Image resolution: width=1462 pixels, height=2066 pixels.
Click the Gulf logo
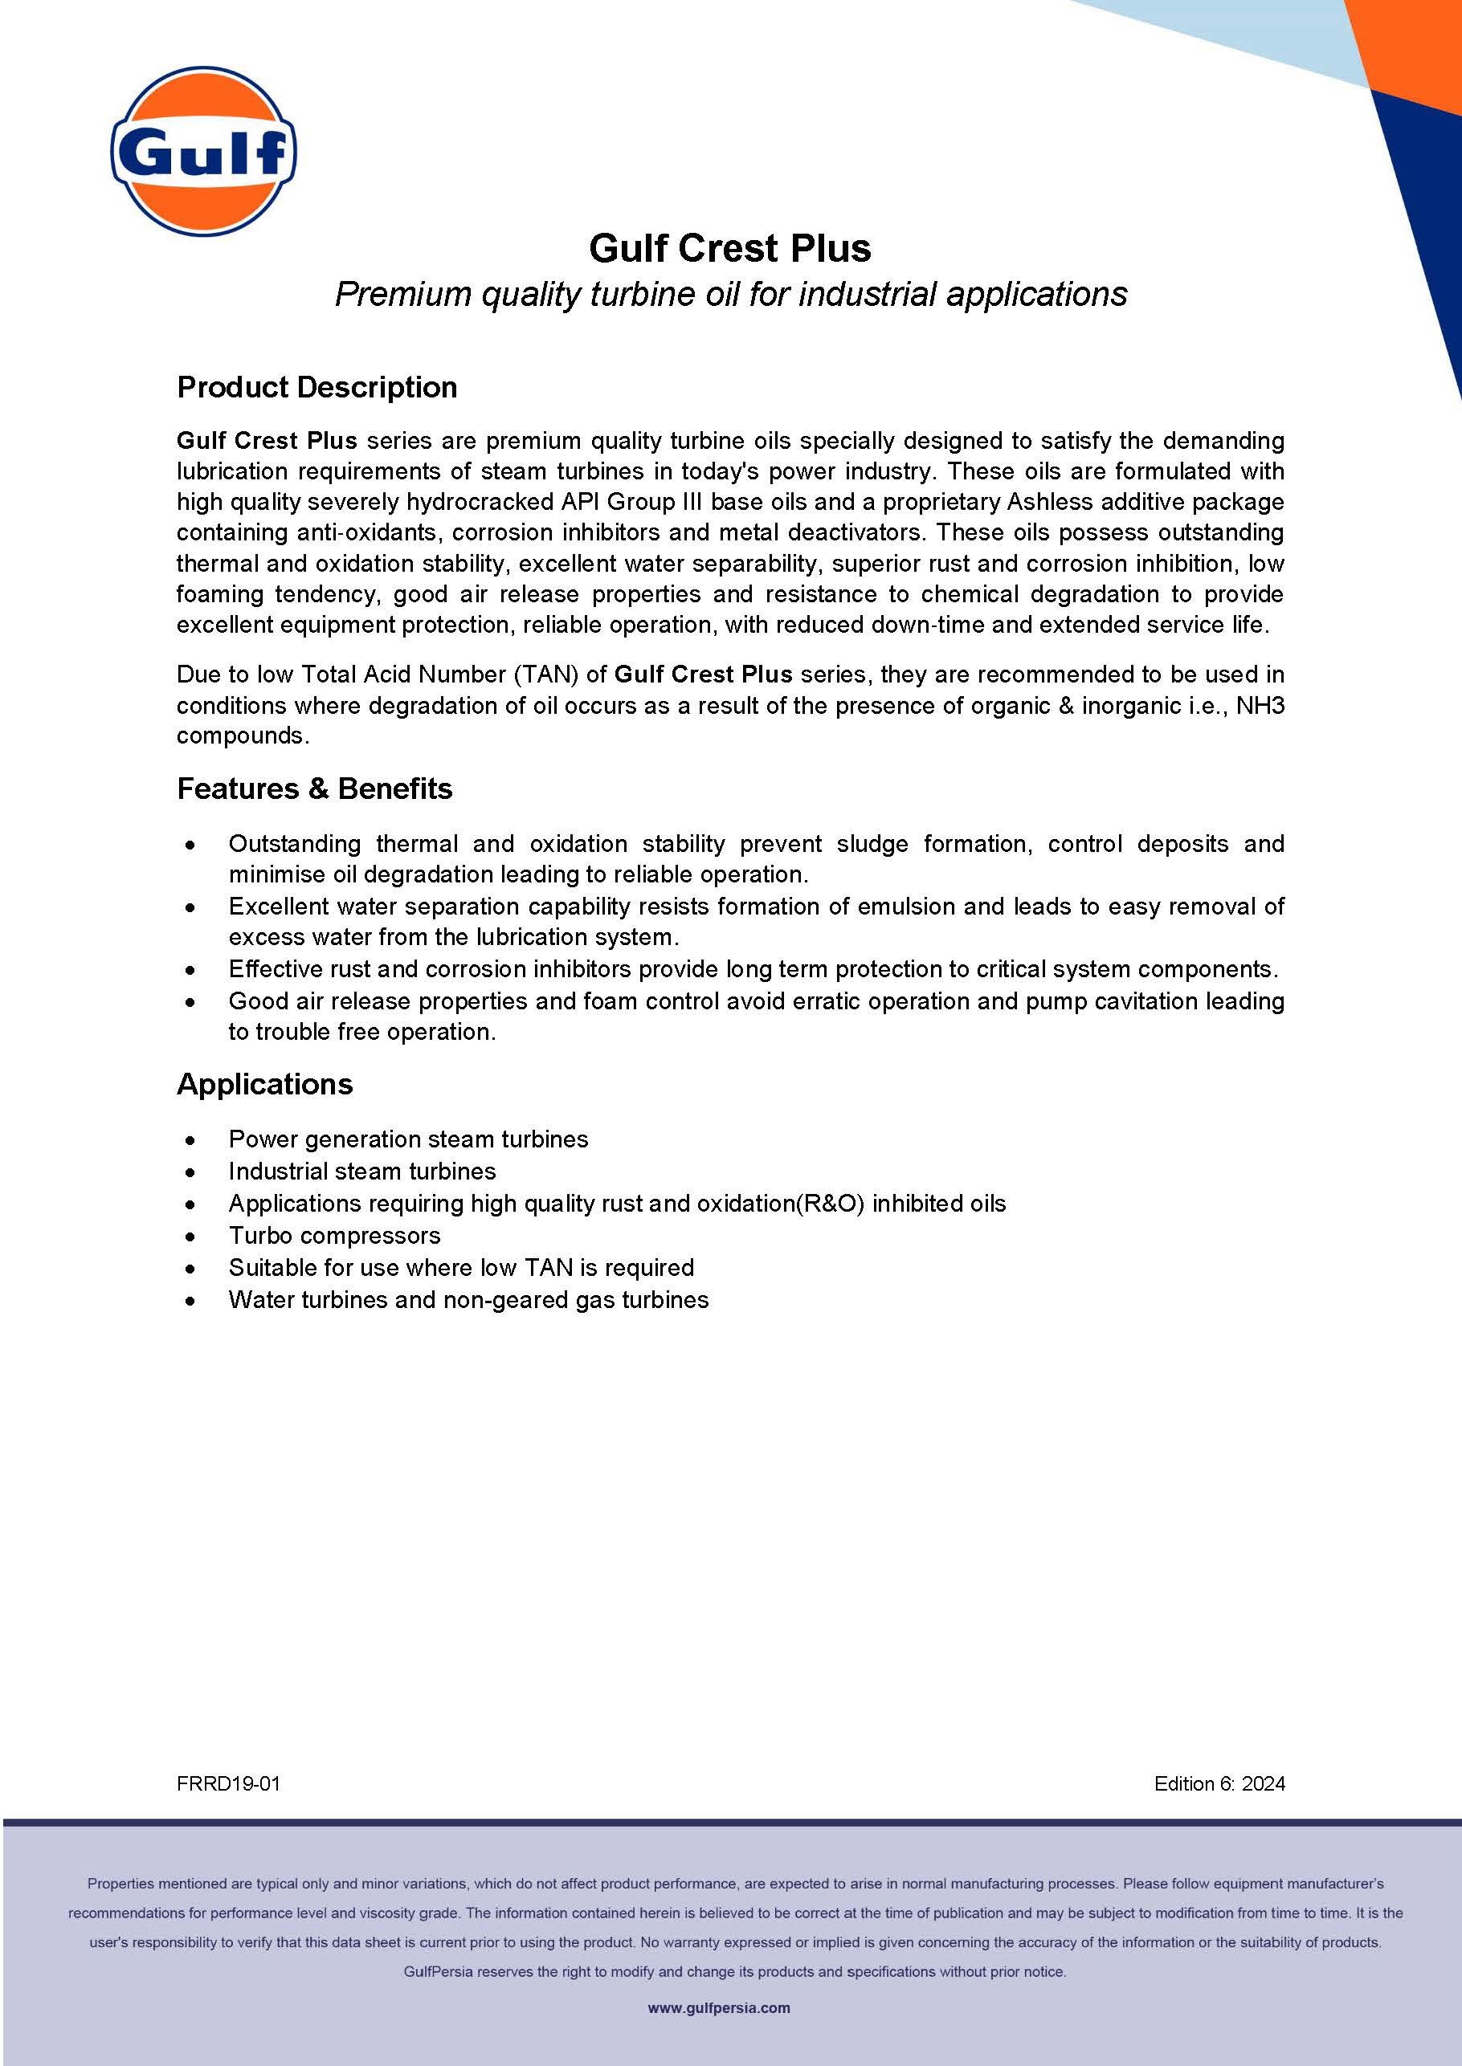[203, 151]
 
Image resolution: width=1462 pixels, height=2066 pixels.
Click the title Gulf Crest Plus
[730, 248]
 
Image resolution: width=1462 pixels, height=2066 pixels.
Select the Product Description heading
[316, 388]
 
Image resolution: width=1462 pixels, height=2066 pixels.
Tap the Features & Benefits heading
[314, 789]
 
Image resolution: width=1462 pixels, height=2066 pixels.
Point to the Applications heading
[264, 1084]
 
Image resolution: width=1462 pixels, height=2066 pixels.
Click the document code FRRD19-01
[229, 1783]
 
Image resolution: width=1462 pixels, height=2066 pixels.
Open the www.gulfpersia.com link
[718, 2007]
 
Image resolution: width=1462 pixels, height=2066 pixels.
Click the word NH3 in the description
[1260, 706]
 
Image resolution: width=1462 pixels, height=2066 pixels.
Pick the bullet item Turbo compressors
[334, 1236]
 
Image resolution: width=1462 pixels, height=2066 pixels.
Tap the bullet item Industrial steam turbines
[362, 1172]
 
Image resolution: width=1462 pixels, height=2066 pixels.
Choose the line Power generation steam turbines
[408, 1139]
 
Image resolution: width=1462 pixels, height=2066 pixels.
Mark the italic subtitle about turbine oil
[730, 294]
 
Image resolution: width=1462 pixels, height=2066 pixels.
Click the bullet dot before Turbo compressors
[190, 1237]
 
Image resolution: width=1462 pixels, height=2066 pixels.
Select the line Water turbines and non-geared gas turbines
[468, 1300]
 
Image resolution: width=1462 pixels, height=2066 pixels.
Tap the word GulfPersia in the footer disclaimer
[438, 1971]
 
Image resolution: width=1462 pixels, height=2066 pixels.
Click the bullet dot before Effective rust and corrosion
[190, 971]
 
